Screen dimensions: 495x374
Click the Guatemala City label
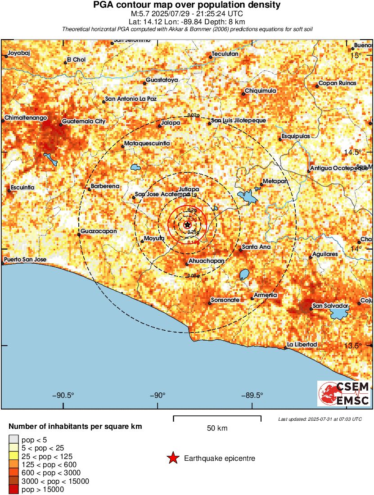(84, 121)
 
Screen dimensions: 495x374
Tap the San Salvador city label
(331, 306)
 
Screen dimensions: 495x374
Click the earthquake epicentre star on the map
(188, 224)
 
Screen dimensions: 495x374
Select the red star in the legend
(172, 459)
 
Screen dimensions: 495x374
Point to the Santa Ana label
(256, 247)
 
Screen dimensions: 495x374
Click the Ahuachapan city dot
(187, 264)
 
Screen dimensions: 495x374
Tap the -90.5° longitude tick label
(63, 396)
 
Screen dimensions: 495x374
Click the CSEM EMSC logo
(344, 394)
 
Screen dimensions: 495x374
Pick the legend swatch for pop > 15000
(14, 489)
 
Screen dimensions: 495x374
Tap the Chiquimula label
(261, 91)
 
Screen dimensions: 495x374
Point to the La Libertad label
(302, 344)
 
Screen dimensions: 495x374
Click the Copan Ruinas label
(337, 83)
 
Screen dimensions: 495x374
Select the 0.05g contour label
(193, 275)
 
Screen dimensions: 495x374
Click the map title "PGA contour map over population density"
(187, 5)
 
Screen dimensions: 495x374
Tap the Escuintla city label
(23, 187)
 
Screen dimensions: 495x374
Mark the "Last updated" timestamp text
(320, 419)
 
